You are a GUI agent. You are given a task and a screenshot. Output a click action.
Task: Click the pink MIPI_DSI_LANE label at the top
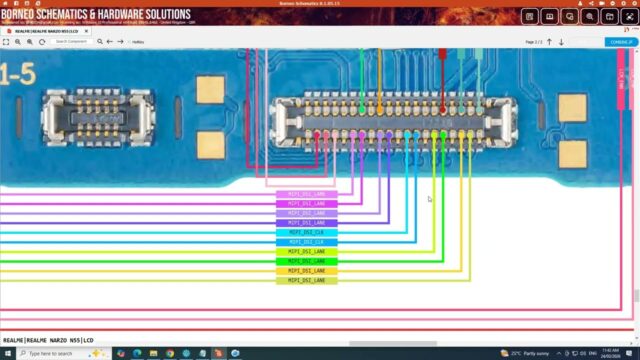[306, 194]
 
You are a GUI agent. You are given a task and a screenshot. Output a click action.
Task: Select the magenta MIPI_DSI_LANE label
[306, 203]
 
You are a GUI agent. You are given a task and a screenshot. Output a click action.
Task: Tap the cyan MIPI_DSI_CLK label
[306, 232]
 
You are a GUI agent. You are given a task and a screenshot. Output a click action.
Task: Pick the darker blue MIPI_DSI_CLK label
[306, 242]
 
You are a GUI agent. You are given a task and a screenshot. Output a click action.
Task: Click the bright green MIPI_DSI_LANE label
[306, 261]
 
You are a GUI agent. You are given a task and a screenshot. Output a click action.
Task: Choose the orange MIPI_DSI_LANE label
[306, 271]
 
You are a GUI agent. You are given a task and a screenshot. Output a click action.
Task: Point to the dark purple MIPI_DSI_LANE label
[306, 222]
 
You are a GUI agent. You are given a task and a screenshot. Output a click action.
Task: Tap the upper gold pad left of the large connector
[211, 90]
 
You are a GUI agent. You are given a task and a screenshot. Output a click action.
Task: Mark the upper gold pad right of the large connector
[572, 106]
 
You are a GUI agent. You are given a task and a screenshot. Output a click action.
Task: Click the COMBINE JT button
[619, 42]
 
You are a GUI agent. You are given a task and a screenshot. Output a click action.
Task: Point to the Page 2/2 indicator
[534, 42]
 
